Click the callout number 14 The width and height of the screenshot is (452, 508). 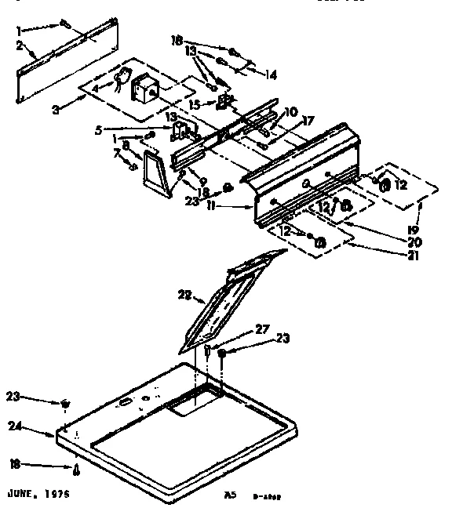272,76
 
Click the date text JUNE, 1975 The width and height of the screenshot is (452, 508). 38,495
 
